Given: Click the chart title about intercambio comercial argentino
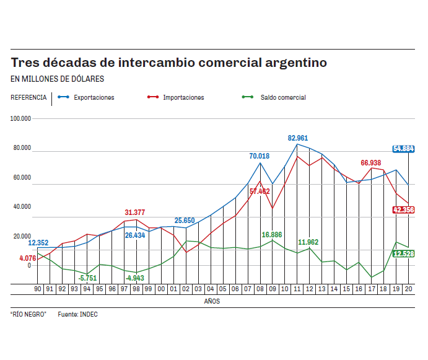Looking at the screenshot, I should (169, 63).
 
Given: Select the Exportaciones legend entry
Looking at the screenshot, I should (94, 97).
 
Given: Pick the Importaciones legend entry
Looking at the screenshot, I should (183, 97).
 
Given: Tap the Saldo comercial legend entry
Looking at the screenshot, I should (282, 97).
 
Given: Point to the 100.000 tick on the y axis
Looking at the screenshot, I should (21, 118).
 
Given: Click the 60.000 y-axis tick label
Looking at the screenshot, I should (21, 177).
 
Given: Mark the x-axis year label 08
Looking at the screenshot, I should (260, 289).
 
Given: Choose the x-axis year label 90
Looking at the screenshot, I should (37, 289).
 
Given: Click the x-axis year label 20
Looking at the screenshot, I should (408, 289).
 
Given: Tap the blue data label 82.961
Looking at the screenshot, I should (298, 138).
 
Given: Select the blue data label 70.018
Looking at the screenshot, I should (259, 156).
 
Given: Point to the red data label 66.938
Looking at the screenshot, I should (371, 162).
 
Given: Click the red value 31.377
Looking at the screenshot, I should (135, 213).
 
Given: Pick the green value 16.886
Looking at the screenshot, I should (272, 235).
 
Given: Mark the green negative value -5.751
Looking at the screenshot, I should (88, 278).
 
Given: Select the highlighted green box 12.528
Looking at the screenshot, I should (403, 253).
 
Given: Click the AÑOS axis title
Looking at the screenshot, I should (212, 301).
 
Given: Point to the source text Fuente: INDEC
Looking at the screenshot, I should (78, 314).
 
